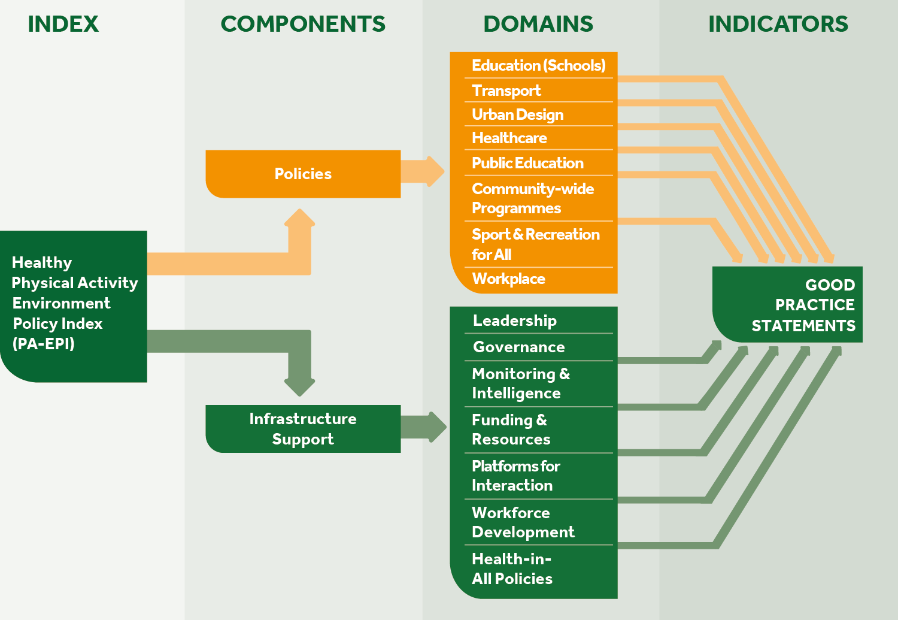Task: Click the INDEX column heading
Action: pyautogui.click(x=63, y=24)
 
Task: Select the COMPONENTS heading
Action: pyautogui.click(x=303, y=24)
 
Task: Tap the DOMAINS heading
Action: pyautogui.click(x=538, y=24)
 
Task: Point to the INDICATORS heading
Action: pyautogui.click(x=778, y=24)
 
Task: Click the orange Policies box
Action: pyautogui.click(x=303, y=174)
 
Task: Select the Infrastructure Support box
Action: pyautogui.click(x=303, y=429)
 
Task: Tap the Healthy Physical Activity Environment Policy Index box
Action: pyautogui.click(x=74, y=304)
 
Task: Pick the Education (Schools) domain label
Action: pyautogui.click(x=538, y=65)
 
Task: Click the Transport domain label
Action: pyautogui.click(x=506, y=90)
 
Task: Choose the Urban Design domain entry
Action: pyautogui.click(x=517, y=114)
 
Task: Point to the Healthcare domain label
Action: pyautogui.click(x=509, y=138)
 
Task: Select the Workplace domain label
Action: pyautogui.click(x=508, y=279)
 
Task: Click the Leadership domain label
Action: pyautogui.click(x=514, y=320)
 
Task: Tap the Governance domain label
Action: pyautogui.click(x=518, y=347)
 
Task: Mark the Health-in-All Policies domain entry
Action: pyautogui.click(x=512, y=569)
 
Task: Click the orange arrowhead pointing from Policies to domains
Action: pyautogui.click(x=435, y=171)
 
